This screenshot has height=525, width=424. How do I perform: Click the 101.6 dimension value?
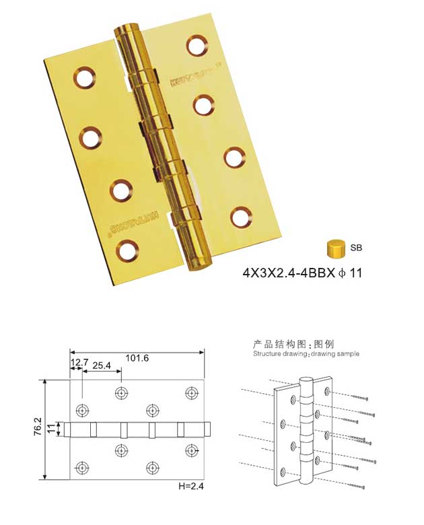[137, 358]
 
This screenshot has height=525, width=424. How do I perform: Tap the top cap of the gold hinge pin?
[125, 32]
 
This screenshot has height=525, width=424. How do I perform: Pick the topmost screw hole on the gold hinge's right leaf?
[196, 46]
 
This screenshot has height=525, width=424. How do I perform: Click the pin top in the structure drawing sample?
[305, 382]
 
